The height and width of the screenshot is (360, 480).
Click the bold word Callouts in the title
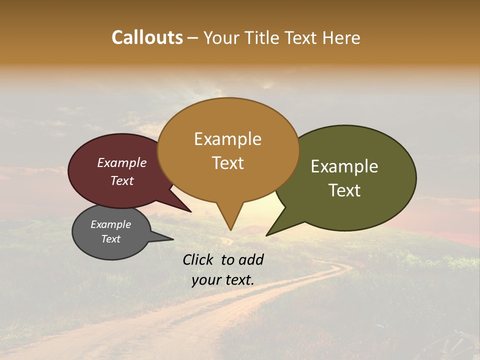coord(147,37)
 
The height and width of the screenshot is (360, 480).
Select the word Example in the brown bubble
coord(227,139)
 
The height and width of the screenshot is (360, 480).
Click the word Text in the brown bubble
coord(227,163)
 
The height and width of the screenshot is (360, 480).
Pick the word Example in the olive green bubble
coord(344,166)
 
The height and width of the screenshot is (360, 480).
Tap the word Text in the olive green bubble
coord(344,190)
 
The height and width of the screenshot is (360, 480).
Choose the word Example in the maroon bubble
coord(122,163)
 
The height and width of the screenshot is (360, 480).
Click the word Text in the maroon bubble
coord(122,180)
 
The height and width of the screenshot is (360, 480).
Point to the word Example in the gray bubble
coord(110,224)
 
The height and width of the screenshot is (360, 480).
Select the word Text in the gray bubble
coord(110,239)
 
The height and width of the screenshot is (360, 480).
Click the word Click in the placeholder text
coord(199,259)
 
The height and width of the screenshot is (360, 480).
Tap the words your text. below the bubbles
coord(223,280)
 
